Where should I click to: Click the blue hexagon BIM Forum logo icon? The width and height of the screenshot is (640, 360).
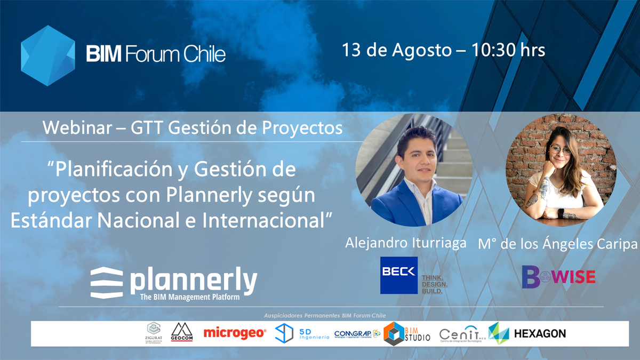pyautogui.click(x=47, y=55)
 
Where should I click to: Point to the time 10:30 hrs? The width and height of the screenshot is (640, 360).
pyautogui.click(x=508, y=50)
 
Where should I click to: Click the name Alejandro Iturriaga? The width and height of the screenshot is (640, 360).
pyautogui.click(x=406, y=243)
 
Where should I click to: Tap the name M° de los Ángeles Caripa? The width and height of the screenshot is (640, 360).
pyautogui.click(x=557, y=244)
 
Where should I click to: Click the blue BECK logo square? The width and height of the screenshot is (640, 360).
pyautogui.click(x=399, y=275)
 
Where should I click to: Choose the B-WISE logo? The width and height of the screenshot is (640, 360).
pyautogui.click(x=558, y=276)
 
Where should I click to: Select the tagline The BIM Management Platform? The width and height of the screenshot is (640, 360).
pyautogui.click(x=189, y=297)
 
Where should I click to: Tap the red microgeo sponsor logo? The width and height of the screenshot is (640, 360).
pyautogui.click(x=235, y=333)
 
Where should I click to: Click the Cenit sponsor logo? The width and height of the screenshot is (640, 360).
pyautogui.click(x=460, y=334)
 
